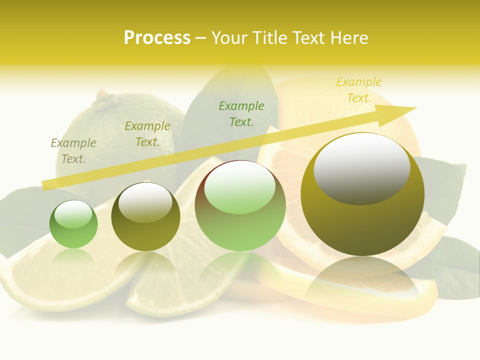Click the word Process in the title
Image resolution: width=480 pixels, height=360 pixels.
[157, 38]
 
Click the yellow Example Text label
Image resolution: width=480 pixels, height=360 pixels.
[358, 90]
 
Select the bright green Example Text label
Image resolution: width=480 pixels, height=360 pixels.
[241, 113]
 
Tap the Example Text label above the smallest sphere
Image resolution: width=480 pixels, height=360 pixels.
[73, 151]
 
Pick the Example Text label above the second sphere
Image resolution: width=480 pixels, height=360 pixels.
[147, 134]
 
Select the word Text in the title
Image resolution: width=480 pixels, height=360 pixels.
[310, 38]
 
